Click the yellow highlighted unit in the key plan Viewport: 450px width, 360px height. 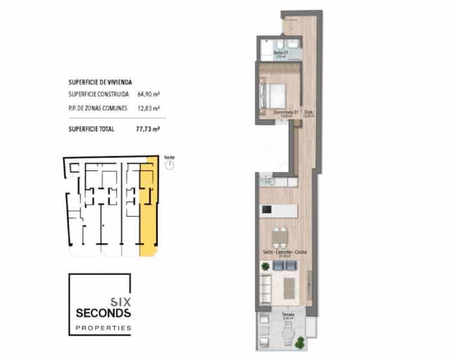(148, 208)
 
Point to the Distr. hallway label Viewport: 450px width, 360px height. (309, 112)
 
